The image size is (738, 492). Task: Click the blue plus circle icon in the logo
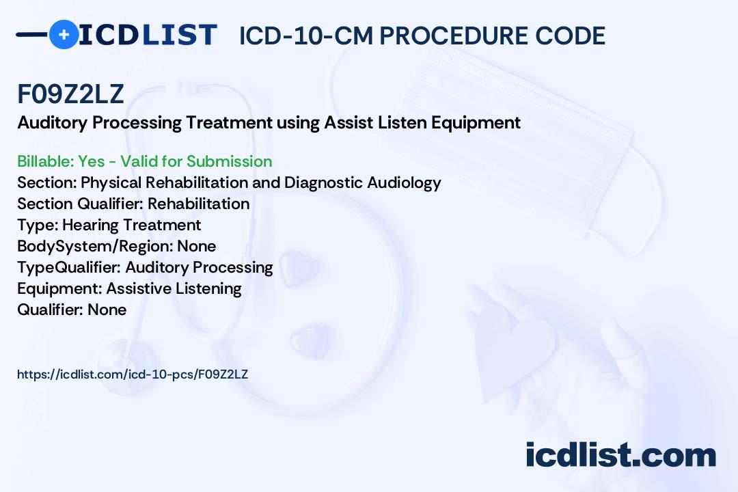64,34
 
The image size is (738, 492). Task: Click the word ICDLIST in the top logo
148,35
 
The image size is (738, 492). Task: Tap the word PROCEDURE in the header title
454,36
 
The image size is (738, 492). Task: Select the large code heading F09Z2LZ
70,94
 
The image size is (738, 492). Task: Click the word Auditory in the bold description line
52,123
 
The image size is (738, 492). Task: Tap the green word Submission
229,161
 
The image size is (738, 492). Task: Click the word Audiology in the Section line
404,182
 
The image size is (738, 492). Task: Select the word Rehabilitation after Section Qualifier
199,204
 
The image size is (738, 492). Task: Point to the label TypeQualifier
69,267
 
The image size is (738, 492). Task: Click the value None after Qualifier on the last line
107,310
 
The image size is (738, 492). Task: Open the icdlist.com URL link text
133,374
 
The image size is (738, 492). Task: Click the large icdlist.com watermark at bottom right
620,455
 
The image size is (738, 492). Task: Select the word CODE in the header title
570,36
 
